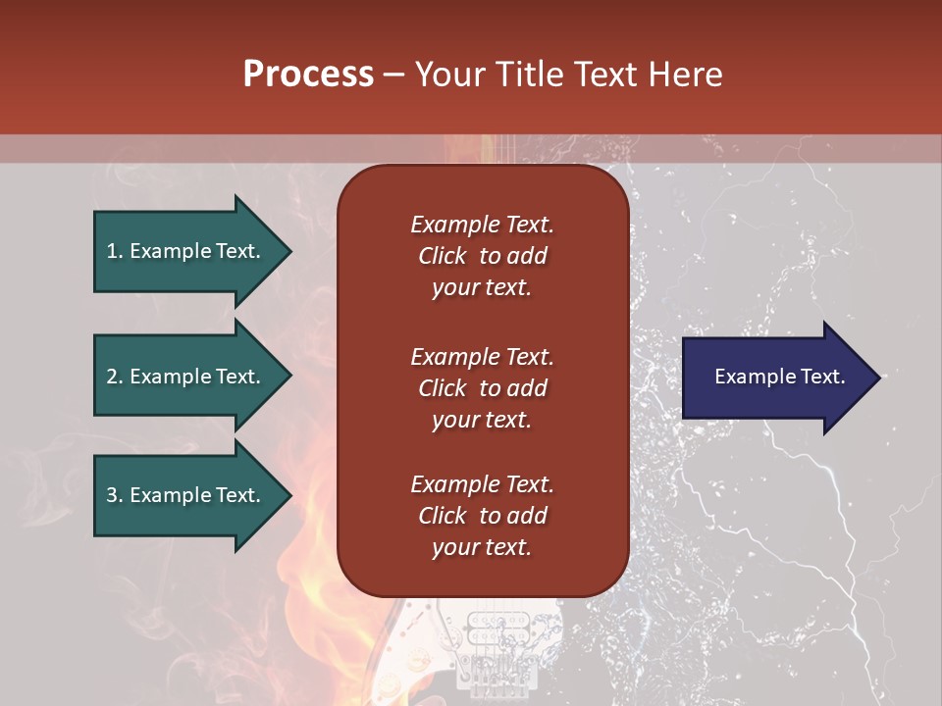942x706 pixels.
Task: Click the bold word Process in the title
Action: (308, 75)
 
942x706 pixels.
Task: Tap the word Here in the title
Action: (684, 75)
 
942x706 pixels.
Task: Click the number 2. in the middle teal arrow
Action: (115, 377)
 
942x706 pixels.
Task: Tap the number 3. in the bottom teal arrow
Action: (115, 495)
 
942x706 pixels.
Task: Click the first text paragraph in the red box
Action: (482, 256)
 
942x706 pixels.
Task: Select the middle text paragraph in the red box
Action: (482, 388)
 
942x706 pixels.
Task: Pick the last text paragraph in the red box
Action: (482, 516)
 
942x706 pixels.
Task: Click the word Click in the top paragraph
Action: (443, 256)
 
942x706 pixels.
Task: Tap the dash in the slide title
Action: (393, 75)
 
